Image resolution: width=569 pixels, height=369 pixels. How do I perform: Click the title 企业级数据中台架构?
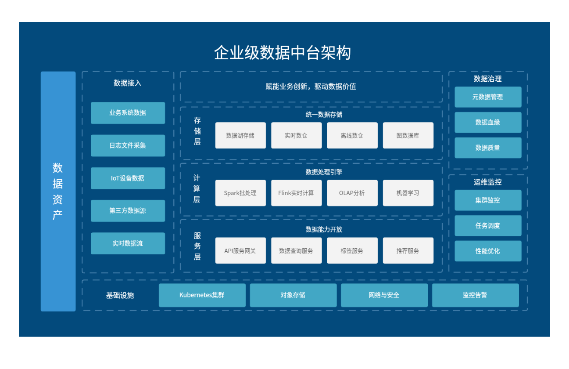pos(282,53)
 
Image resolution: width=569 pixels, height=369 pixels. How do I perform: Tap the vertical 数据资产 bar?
pos(58,191)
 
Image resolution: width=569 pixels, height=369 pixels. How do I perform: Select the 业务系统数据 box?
pos(128,113)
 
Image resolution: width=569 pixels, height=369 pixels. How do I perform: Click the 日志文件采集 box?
pos(128,145)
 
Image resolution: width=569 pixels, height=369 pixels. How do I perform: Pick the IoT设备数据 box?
pos(128,178)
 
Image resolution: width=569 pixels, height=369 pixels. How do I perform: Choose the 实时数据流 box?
pos(128,243)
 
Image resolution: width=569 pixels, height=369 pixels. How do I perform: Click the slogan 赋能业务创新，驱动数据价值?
pos(311,87)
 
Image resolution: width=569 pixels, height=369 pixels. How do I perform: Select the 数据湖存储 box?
pos(240,135)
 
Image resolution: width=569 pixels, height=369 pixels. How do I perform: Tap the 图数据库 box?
pos(408,135)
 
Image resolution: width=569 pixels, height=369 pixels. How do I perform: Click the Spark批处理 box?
pos(240,193)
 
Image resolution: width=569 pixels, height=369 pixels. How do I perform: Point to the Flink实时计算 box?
pos(296,193)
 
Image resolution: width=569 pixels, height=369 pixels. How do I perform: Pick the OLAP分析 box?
pos(352,193)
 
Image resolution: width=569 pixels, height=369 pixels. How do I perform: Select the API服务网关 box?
pos(240,251)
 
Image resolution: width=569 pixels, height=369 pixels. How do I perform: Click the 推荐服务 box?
pos(408,251)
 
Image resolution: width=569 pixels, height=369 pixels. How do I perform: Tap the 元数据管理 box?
pos(487,97)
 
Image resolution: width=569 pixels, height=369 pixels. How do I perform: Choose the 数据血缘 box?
pos(487,123)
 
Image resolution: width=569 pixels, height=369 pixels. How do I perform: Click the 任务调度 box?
pos(487,226)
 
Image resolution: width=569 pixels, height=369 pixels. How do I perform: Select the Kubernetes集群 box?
pos(202,295)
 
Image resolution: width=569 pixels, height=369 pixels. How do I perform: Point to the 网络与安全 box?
pos(384,295)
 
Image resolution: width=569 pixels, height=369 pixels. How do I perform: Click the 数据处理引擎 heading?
pos(324,172)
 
